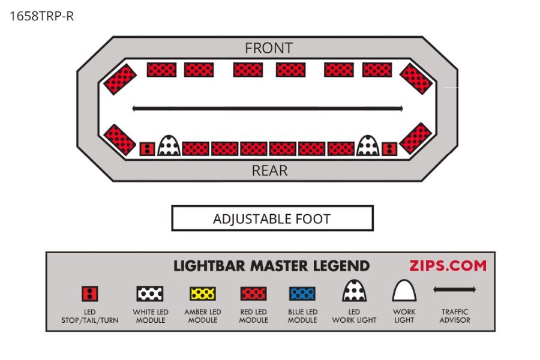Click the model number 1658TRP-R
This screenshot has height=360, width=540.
tap(41, 16)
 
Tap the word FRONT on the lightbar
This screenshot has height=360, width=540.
tap(268, 48)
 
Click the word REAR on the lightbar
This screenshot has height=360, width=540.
tap(269, 170)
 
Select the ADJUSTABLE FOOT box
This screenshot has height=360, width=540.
tap(272, 218)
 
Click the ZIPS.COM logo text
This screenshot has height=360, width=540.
tap(448, 266)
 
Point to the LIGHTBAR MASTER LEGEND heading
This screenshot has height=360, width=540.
tap(271, 266)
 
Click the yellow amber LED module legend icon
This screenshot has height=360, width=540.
tap(202, 294)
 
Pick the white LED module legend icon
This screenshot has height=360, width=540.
tap(149, 294)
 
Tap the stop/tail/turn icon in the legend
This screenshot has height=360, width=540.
tap(90, 294)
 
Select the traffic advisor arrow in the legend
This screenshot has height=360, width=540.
tap(454, 290)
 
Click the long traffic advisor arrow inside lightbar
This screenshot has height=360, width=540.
tap(267, 109)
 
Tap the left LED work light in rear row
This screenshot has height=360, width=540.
tap(169, 145)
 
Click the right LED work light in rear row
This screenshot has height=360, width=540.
tap(367, 145)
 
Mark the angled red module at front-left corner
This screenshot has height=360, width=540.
tap(119, 79)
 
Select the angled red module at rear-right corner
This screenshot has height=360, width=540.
tap(415, 139)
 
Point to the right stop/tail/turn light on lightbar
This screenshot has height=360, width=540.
tap(389, 149)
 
